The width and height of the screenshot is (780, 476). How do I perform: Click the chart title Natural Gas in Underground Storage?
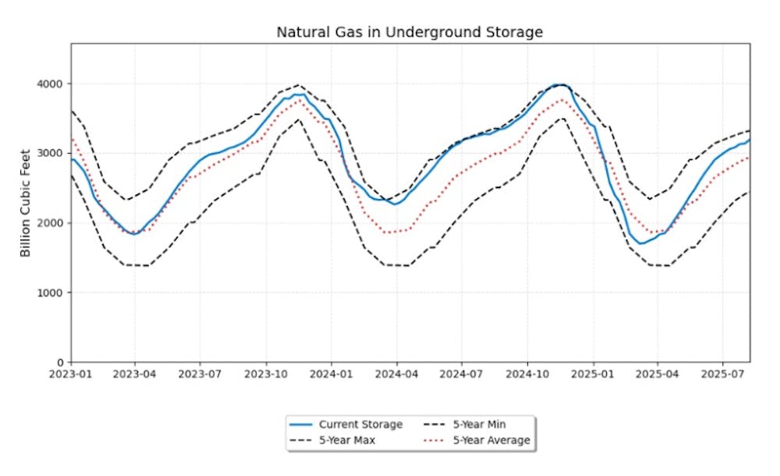pos(409,32)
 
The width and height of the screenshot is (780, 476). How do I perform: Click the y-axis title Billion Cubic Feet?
pos(26,203)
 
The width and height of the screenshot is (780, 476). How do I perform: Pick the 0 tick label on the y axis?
pos(61,363)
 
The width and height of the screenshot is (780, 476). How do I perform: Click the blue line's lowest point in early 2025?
pos(640,243)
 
